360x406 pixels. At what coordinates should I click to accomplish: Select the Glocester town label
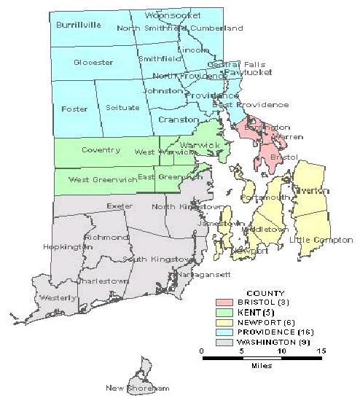click(x=93, y=63)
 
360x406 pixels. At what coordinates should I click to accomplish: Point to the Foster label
click(x=75, y=109)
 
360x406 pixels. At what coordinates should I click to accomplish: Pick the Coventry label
click(x=101, y=150)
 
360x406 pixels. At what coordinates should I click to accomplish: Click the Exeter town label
click(x=120, y=206)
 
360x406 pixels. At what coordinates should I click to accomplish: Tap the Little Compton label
click(x=321, y=240)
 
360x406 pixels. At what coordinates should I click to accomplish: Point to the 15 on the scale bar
click(x=320, y=351)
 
